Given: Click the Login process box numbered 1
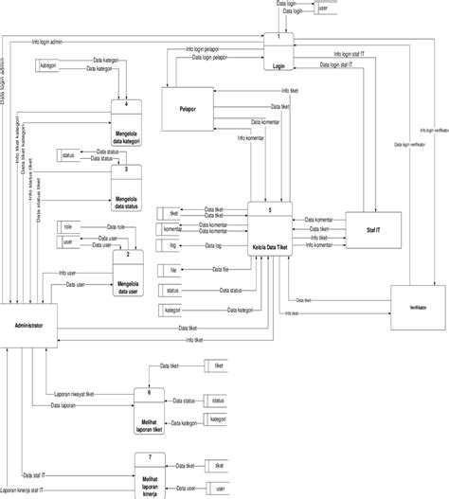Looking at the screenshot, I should point(278,53).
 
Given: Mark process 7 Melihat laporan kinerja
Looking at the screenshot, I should point(155,476).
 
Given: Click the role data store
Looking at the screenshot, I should point(74,228).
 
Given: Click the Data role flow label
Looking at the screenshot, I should point(115,227).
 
